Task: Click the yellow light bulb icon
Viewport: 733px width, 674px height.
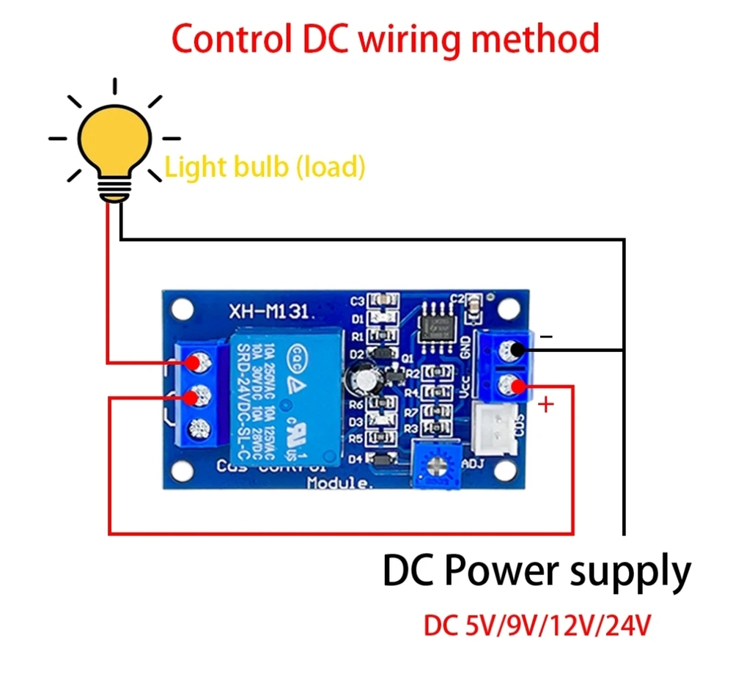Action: [x=115, y=139]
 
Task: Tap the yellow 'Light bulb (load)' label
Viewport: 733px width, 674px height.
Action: [x=265, y=167]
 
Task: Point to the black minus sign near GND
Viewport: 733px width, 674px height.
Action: [x=546, y=337]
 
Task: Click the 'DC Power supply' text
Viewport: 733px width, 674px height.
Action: [x=537, y=570]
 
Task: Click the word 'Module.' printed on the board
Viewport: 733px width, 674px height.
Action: [x=340, y=483]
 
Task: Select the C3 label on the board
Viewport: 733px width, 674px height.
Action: [x=358, y=301]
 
